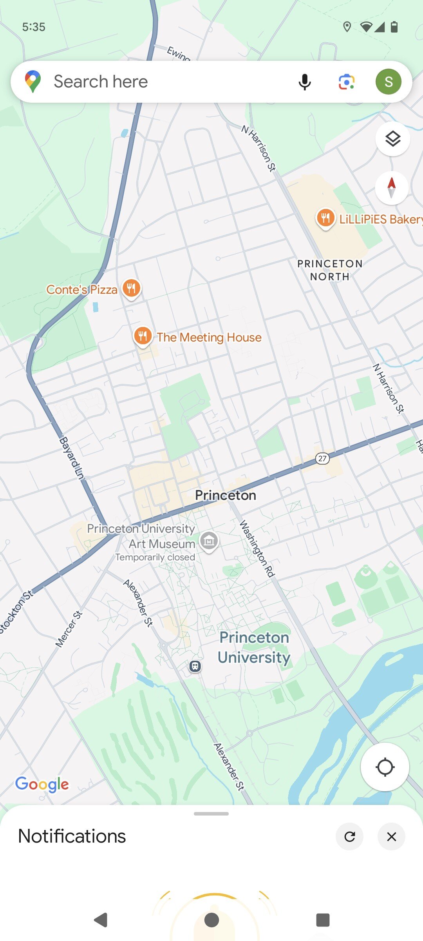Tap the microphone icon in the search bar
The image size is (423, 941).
pos(305,82)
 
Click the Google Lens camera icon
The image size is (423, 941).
pos(347,82)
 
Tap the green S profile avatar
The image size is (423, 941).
pos(388,82)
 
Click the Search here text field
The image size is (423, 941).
pos(157,82)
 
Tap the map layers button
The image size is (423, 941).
pos(392,139)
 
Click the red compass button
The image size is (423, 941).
pos(392,188)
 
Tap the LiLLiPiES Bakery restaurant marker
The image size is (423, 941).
pos(325,218)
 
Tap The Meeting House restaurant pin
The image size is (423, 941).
pos(143,336)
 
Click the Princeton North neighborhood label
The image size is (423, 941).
pos(330,270)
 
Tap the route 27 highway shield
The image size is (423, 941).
pos(322,458)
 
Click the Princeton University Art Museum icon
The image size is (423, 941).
pos(209,541)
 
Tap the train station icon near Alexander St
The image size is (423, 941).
pos(195,666)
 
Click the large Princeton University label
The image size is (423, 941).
pos(254,647)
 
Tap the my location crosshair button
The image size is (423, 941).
pos(385,767)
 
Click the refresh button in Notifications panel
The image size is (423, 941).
pos(350,836)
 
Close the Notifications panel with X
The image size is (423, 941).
pos(391,836)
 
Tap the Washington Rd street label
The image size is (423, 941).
pos(257,549)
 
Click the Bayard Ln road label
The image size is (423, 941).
pos(72,458)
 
